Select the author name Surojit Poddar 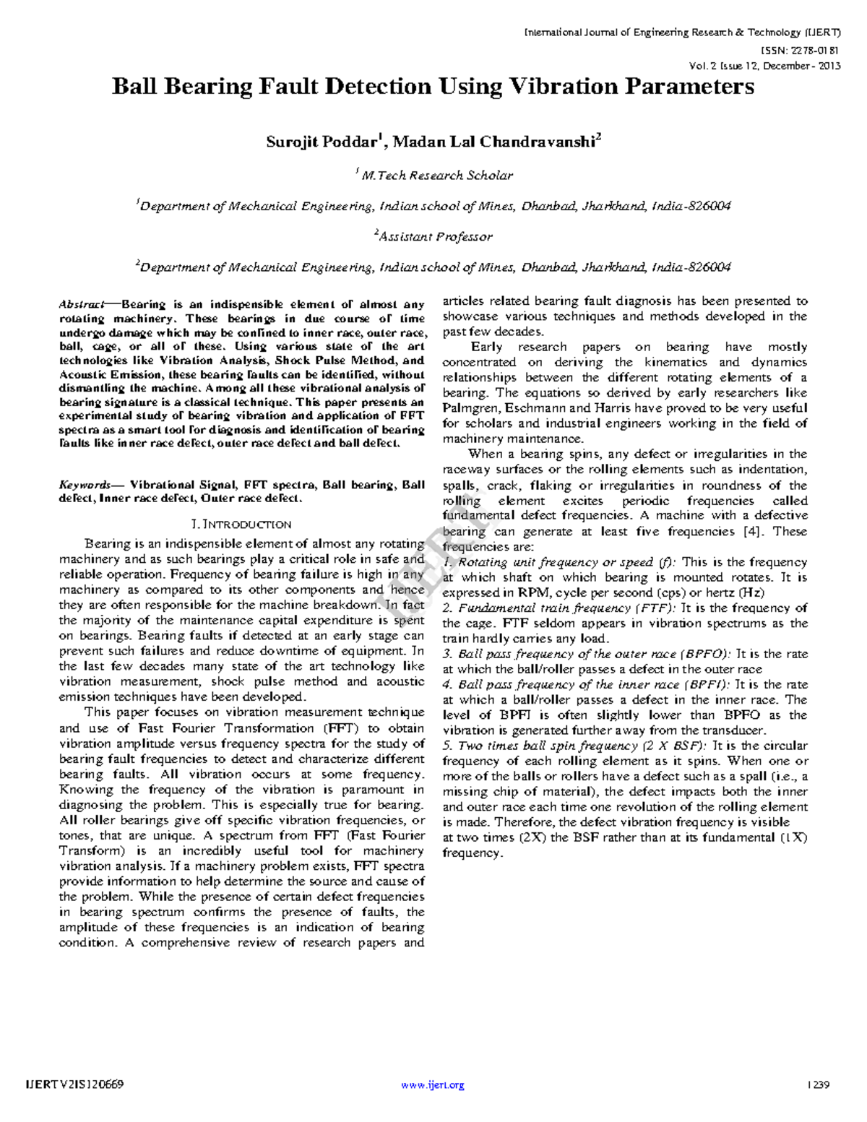click(x=321, y=142)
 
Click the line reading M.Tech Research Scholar click(x=436, y=176)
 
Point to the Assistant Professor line click(x=435, y=236)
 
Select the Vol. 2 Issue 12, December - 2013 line click(x=765, y=66)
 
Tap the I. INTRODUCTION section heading click(x=239, y=525)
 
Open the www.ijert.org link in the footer click(x=432, y=1084)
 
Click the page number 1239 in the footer click(x=819, y=1084)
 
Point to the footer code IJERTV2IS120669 click(x=74, y=1084)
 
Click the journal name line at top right click(x=682, y=33)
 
